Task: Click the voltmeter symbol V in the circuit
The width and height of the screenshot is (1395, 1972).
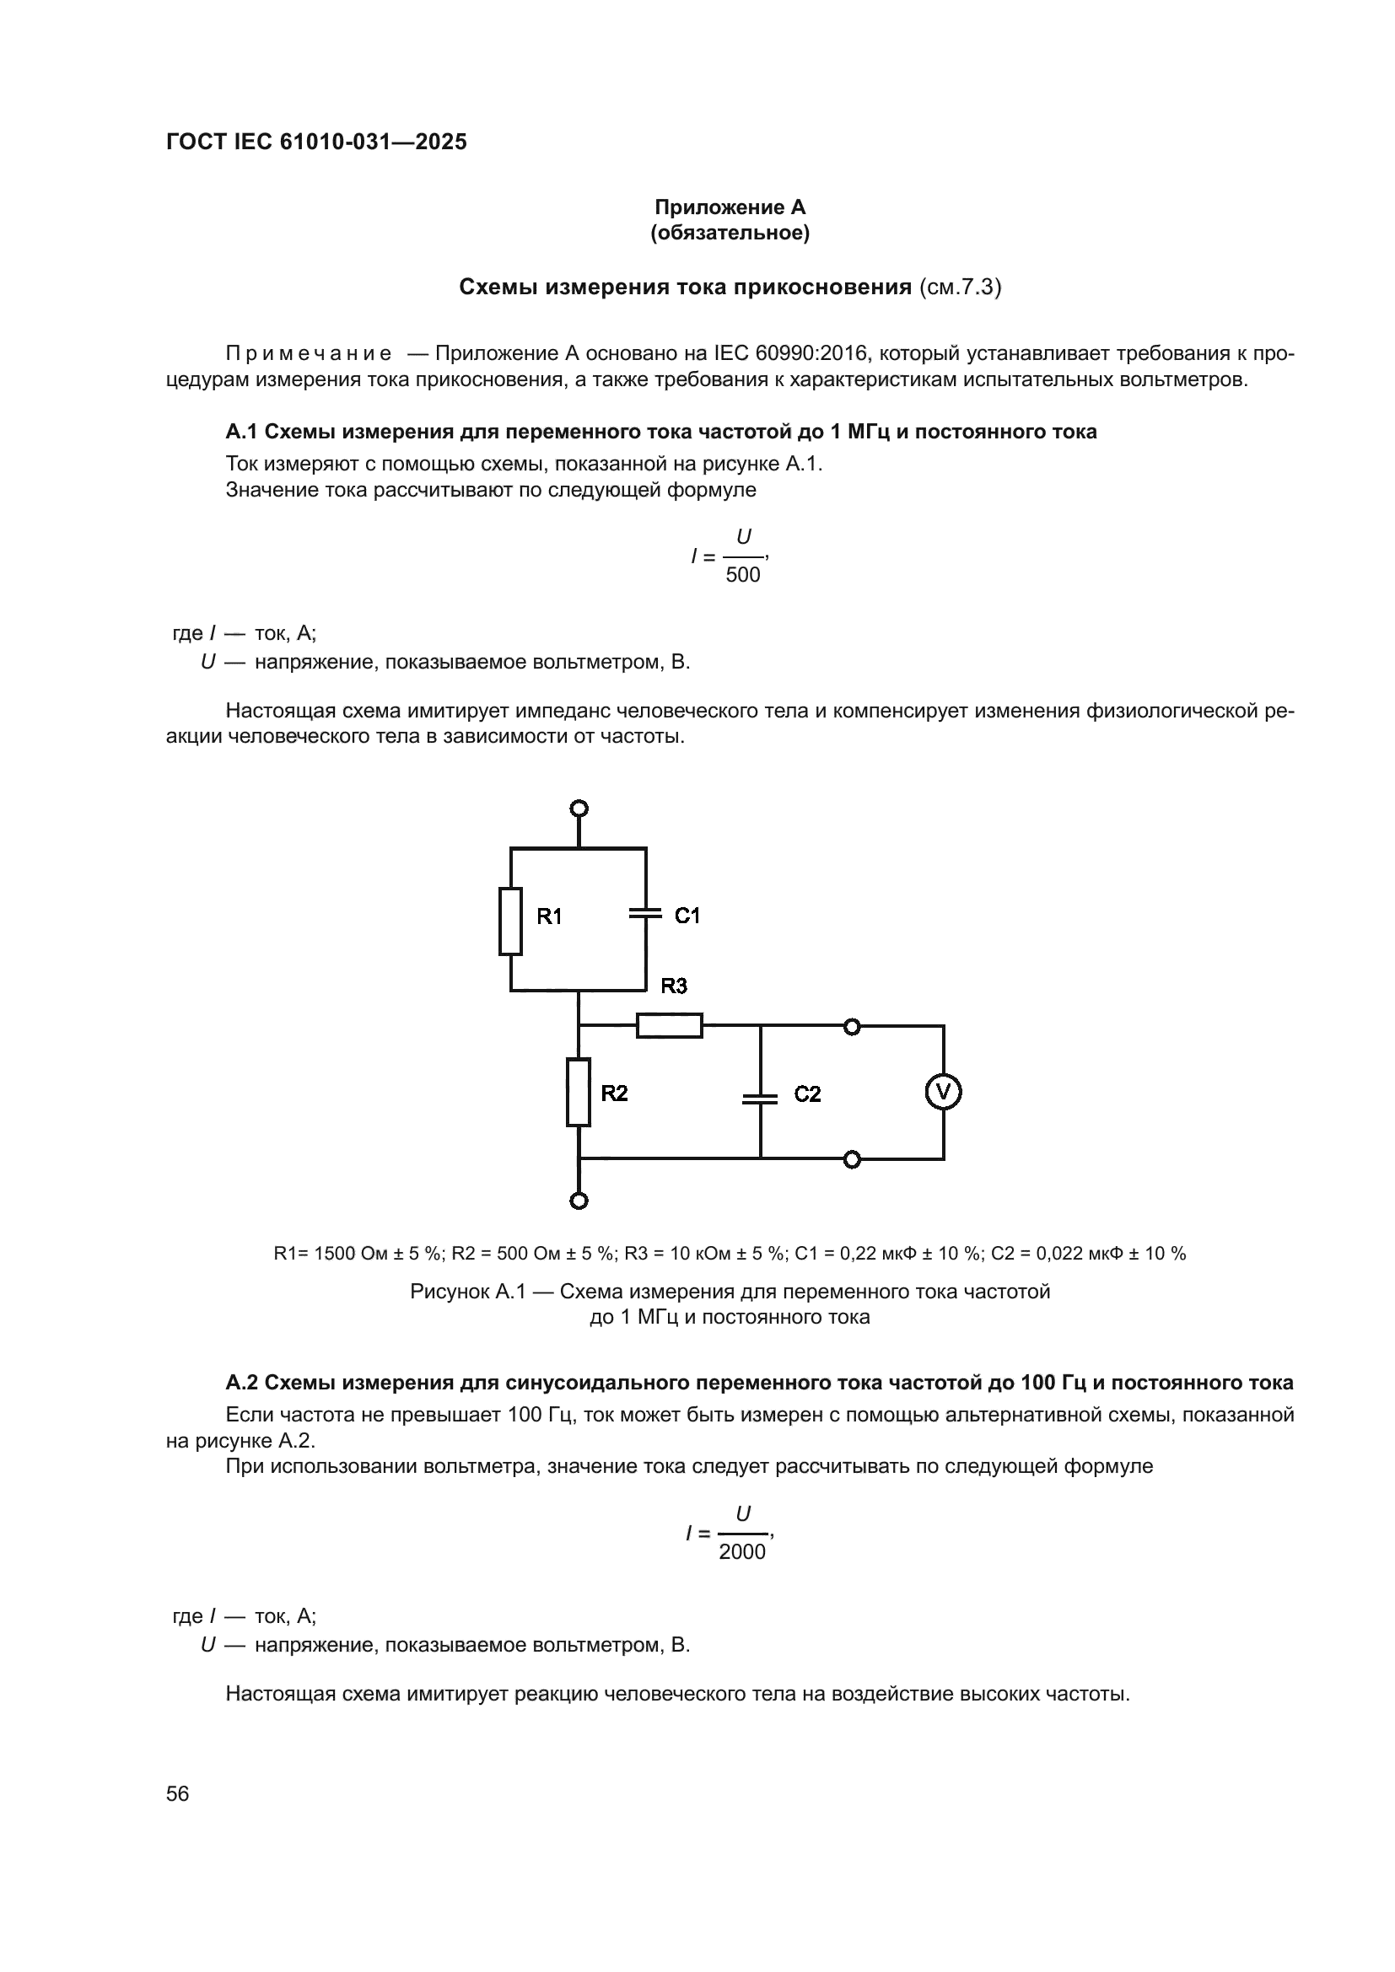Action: tap(942, 1093)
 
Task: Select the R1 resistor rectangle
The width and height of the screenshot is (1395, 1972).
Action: tap(510, 921)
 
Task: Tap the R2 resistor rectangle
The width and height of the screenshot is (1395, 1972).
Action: tap(578, 1093)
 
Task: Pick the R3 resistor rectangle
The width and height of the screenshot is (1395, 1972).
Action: tap(669, 1025)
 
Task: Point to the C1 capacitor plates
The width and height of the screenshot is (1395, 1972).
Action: tap(646, 912)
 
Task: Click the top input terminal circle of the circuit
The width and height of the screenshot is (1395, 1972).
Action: tap(579, 809)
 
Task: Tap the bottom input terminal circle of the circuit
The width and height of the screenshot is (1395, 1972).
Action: tap(579, 1201)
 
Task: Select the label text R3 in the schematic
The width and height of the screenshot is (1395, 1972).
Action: tap(675, 986)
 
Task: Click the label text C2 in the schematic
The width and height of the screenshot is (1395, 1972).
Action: tap(807, 1093)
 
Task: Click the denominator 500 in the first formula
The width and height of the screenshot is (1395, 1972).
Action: tap(743, 576)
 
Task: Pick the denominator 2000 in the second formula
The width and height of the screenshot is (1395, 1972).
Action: tap(742, 1552)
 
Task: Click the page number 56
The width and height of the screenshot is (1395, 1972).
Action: tap(178, 1793)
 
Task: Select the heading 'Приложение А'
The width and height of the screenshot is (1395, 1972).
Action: tap(730, 207)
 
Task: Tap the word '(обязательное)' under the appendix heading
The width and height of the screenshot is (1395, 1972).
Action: tap(730, 233)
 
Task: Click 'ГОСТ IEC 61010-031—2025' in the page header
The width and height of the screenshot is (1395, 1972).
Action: tap(316, 142)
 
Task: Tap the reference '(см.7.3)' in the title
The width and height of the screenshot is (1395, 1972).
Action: tap(960, 287)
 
